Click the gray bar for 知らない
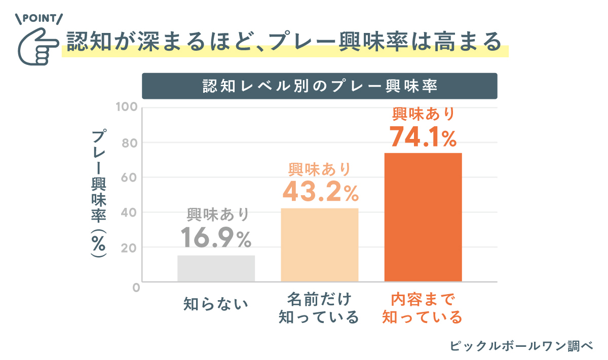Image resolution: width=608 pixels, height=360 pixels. click(216, 268)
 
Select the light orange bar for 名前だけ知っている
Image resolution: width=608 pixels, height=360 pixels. click(320, 245)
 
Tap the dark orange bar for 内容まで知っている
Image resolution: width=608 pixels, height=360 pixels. click(423, 217)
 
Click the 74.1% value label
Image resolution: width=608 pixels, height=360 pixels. click(423, 137)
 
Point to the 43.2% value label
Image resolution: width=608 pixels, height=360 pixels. click(320, 191)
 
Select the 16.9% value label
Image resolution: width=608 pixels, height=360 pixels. click(216, 238)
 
